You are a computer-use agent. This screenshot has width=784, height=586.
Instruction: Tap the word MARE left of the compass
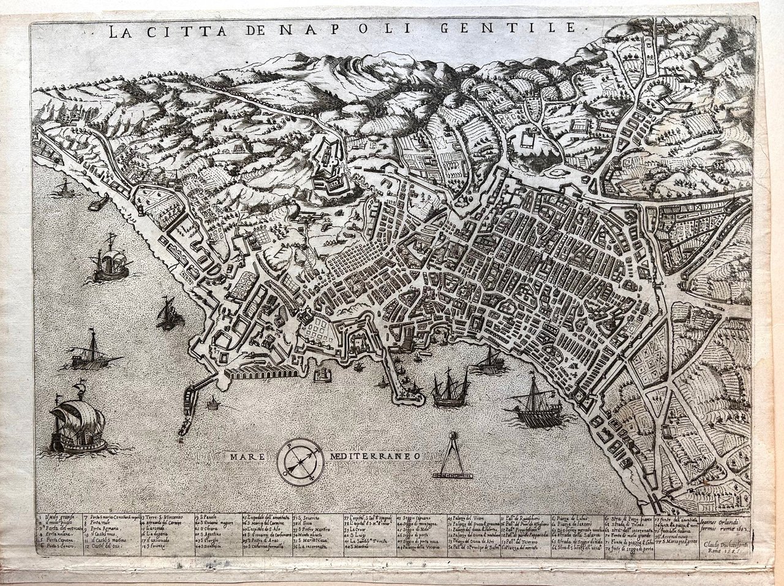247,456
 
